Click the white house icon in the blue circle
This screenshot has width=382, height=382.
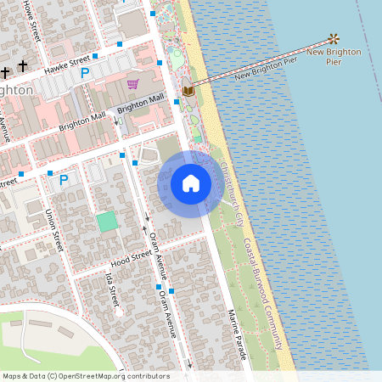pyautogui.click(x=191, y=183)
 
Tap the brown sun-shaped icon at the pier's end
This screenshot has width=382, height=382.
pyautogui.click(x=334, y=39)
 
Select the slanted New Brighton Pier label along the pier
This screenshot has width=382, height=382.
pyautogui.click(x=266, y=68)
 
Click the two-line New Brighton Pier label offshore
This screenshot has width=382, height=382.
pyautogui.click(x=334, y=57)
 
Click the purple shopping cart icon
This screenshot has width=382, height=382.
pyautogui.click(x=132, y=83)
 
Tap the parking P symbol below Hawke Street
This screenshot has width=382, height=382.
pyautogui.click(x=85, y=74)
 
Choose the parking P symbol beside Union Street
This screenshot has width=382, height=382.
pyautogui.click(x=64, y=179)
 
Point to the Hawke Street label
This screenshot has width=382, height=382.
pyautogui.click(x=68, y=63)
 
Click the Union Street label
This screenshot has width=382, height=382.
pyautogui.click(x=54, y=230)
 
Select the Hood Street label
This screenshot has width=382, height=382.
pyautogui.click(x=130, y=255)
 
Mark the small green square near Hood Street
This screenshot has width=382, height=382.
pyautogui.click(x=106, y=222)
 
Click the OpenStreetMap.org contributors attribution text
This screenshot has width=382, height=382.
pyautogui.click(x=114, y=376)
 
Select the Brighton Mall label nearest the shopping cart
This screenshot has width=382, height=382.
pyautogui.click(x=141, y=103)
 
